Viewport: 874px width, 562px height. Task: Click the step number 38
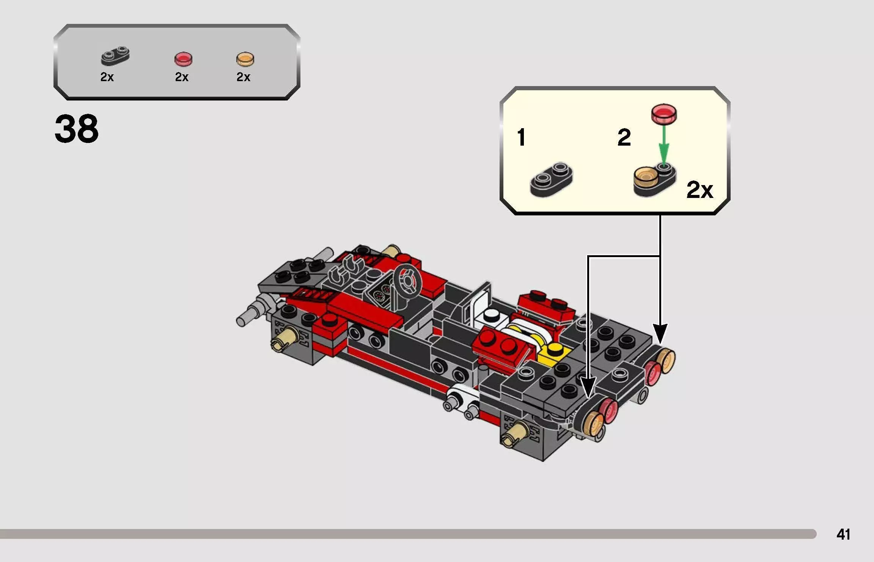76,129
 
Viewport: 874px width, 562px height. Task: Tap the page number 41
843,534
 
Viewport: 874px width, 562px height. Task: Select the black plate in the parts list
115,56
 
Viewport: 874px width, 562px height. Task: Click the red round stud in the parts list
183,59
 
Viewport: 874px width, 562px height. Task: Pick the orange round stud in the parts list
245,59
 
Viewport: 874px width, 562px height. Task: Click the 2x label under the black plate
107,77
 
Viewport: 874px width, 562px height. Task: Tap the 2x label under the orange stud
243,77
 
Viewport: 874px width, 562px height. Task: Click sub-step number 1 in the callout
521,137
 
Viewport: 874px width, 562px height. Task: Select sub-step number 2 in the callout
624,137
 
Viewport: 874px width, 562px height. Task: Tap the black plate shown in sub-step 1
551,179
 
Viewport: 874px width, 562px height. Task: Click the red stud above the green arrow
664,113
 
